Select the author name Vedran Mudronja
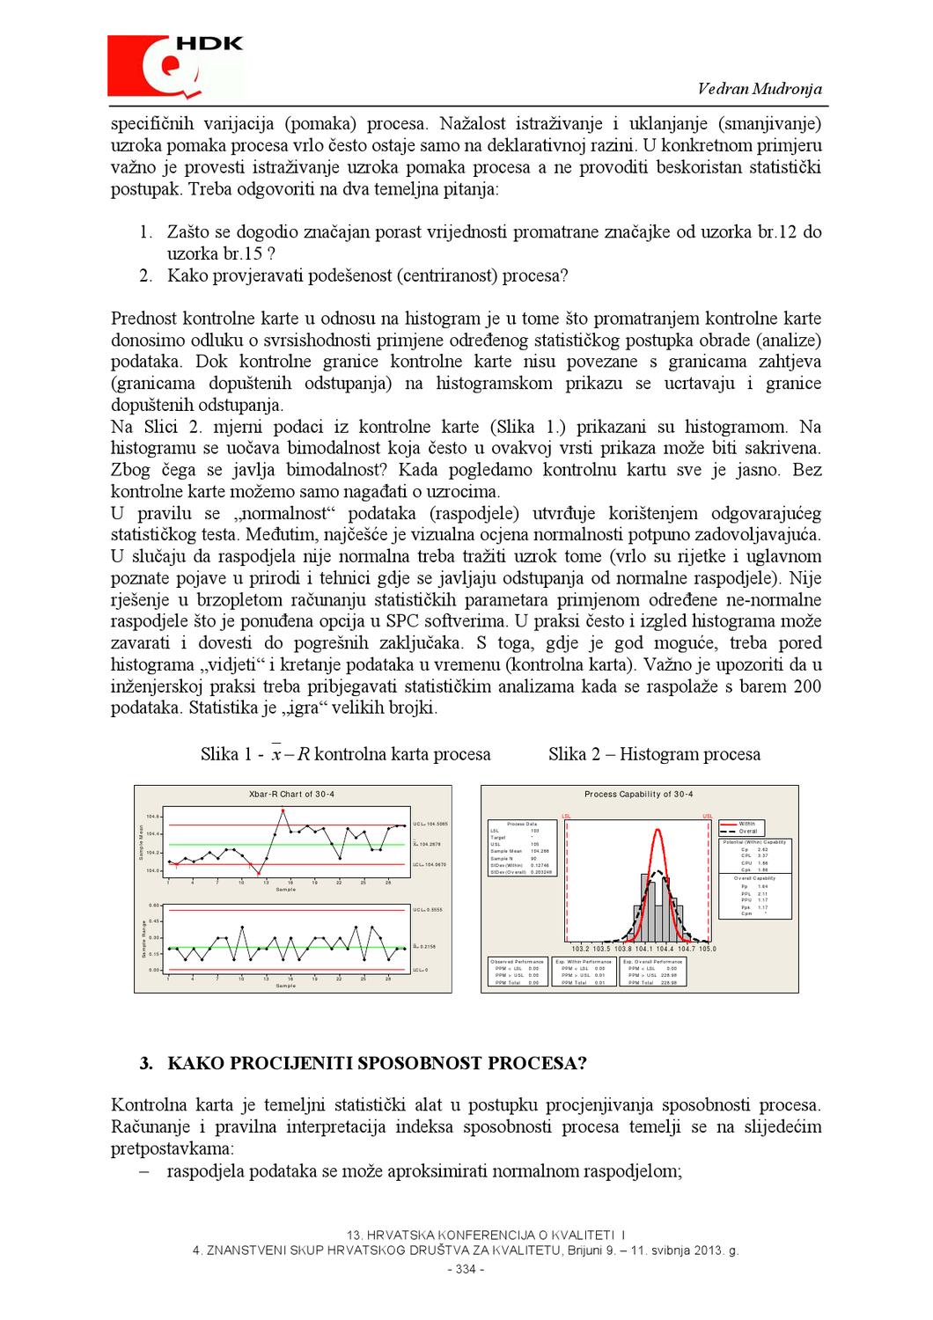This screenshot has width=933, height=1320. click(760, 89)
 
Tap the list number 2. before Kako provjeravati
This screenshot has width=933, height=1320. click(147, 275)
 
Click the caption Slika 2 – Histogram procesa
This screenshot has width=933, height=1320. click(654, 754)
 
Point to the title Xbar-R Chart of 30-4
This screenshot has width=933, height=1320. click(292, 795)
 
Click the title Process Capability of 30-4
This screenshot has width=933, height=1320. click(639, 795)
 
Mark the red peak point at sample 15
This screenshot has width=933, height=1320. click(283, 810)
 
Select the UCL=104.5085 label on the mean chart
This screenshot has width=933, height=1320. click(430, 825)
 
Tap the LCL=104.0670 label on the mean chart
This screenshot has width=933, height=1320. click(430, 865)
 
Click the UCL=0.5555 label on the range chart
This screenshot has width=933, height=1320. click(429, 909)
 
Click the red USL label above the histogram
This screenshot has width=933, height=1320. click(708, 817)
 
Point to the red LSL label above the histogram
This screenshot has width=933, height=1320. click(567, 817)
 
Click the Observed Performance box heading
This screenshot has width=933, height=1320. click(515, 962)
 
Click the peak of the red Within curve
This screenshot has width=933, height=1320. click(657, 829)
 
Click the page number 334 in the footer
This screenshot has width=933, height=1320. click(466, 1270)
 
